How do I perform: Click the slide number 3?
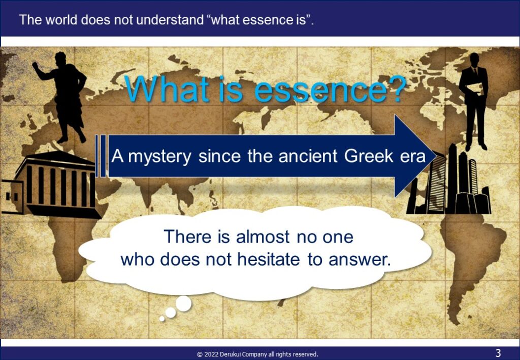click(498, 353)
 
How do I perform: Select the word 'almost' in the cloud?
click(263, 237)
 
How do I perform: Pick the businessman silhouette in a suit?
click(474, 101)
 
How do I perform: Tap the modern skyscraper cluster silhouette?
click(449, 181)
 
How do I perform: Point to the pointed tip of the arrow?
click(436, 156)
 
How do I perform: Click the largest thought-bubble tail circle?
click(183, 304)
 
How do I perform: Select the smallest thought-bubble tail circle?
click(162, 318)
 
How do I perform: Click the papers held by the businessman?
click(475, 88)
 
